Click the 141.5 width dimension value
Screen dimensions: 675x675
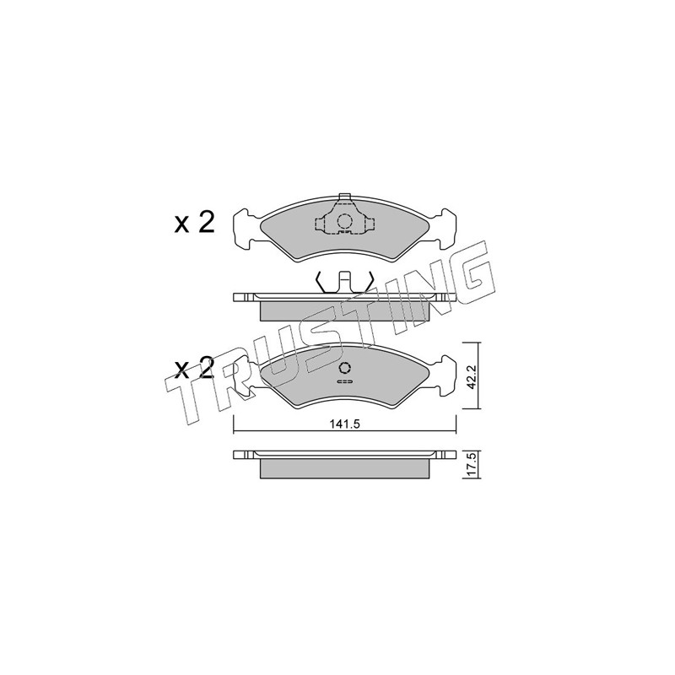pyautogui.click(x=344, y=424)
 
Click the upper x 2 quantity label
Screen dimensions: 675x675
pyautogui.click(x=194, y=223)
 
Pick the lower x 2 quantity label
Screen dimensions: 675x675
pyautogui.click(x=194, y=368)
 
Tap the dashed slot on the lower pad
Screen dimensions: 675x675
pyautogui.click(x=344, y=381)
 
